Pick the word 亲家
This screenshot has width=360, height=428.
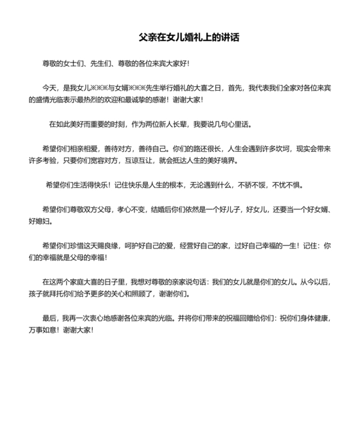[x=185, y=281]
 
